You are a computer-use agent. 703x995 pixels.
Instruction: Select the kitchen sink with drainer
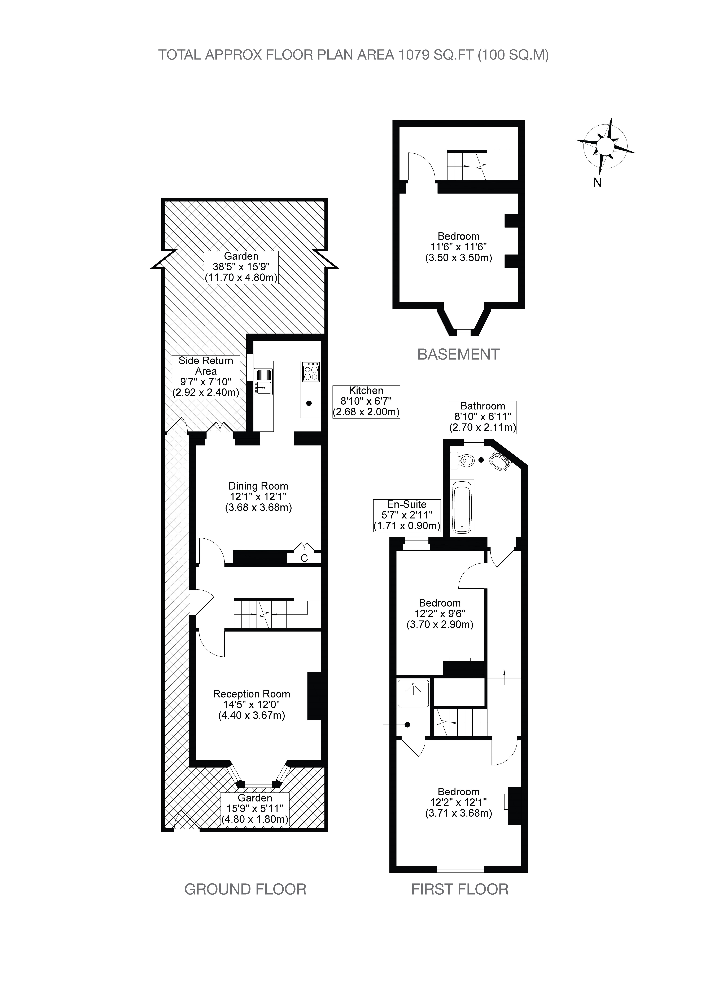point(263,381)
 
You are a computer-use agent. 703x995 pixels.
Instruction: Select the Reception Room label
point(251,694)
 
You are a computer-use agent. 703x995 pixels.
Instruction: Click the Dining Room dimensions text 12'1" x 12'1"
point(258,497)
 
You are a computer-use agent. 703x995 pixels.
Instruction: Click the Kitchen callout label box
point(366,402)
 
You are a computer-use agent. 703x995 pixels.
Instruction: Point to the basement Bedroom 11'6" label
point(459,247)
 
